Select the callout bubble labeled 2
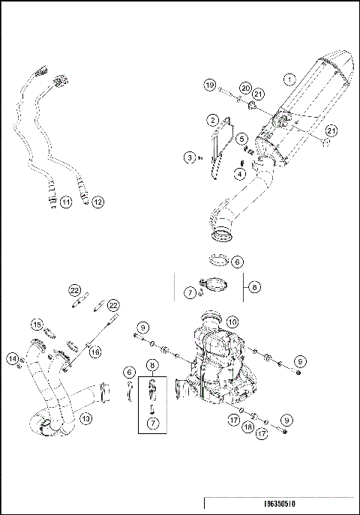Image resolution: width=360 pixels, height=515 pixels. point(214,120)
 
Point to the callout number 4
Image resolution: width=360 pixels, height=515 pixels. point(240,173)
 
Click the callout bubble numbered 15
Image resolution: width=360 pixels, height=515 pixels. point(36,324)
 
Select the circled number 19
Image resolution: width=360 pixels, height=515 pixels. point(210,86)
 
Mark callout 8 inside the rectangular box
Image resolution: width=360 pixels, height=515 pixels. point(152,367)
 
